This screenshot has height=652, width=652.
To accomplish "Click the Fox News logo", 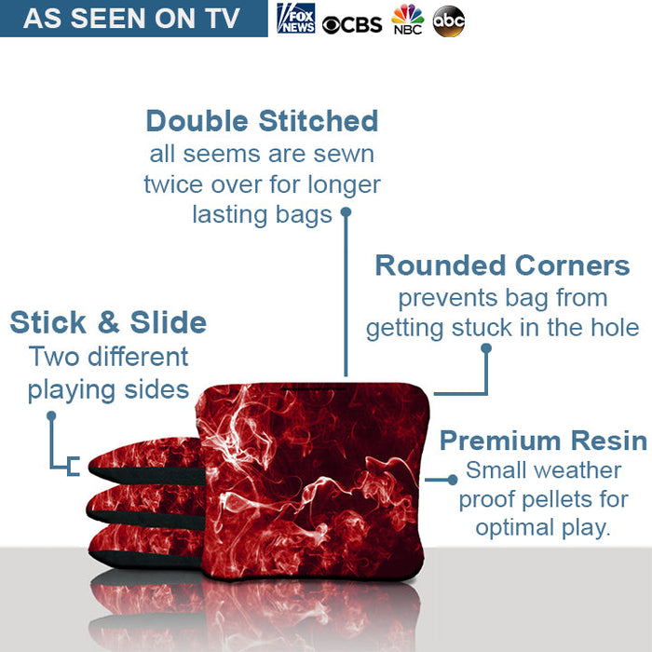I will point(296,19).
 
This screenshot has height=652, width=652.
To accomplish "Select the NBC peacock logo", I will point(407,20).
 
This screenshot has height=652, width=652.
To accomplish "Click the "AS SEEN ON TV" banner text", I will point(131,19).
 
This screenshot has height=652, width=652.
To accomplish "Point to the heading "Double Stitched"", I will point(262,121).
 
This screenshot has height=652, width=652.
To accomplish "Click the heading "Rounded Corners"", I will point(502,265).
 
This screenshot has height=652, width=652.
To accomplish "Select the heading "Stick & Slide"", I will point(108,323).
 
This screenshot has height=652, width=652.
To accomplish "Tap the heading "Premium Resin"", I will point(543,440).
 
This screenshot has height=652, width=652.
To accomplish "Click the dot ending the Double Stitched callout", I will point(346,212).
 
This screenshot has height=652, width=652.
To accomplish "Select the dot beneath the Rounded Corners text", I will point(485,348).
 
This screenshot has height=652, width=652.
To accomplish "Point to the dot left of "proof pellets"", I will point(453,480).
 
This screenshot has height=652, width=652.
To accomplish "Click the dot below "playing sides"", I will point(51,415).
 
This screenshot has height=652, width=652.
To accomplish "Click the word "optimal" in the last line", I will point(517,527).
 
